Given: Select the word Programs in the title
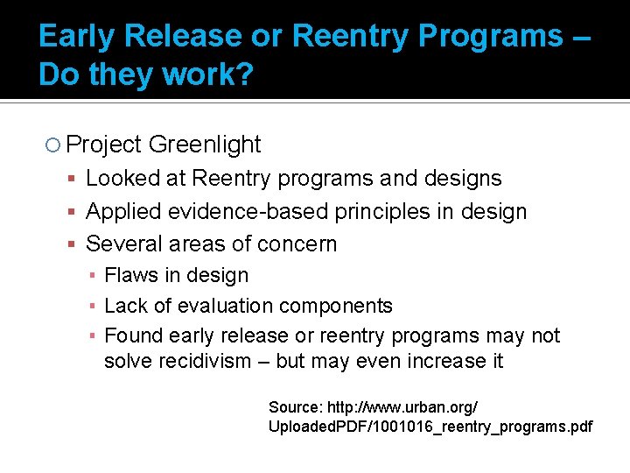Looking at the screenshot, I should tap(493, 36).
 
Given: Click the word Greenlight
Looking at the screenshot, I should tap(205, 145).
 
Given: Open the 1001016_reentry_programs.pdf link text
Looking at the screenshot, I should tap(495, 427).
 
